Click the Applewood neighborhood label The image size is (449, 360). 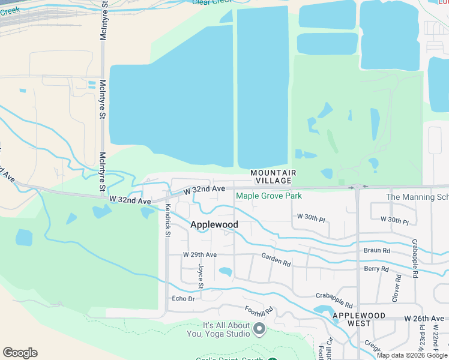pos(214,224)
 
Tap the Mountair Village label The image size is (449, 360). pos(274,176)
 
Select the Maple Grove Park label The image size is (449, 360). pos(269,196)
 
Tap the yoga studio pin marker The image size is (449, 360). pos(259,329)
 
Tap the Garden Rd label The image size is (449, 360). pos(276,259)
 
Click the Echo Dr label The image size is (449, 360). pos(184,298)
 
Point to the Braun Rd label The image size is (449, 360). pos(377,250)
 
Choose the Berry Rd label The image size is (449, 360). pos(376,269)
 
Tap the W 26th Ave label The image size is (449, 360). pos(425,317)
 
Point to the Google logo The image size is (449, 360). pos(20,353)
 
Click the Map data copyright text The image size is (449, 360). pos(411,355)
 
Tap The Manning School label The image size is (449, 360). pos(417,197)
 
